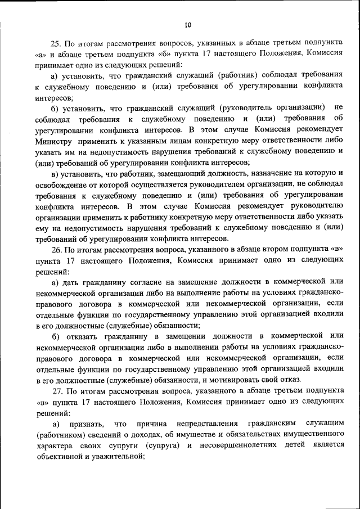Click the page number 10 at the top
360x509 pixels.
[188, 24]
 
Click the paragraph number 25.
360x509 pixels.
[56, 42]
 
